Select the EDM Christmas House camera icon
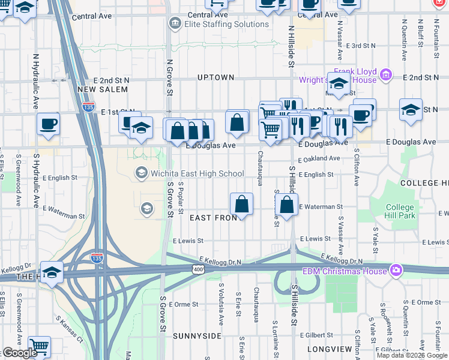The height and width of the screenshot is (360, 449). [396, 270]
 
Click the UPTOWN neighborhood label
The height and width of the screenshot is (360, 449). [215, 77]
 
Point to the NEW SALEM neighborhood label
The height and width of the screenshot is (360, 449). [103, 89]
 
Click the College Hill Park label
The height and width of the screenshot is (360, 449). [400, 211]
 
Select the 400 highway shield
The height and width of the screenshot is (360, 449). [196, 271]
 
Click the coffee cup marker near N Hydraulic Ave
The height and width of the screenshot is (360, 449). [48, 124]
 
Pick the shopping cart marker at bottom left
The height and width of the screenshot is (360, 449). [38, 346]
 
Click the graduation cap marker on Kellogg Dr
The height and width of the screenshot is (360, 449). [52, 272]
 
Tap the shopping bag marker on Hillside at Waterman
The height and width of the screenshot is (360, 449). [288, 204]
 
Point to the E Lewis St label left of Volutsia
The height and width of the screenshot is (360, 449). [188, 240]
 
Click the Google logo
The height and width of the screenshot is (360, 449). [20, 353]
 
